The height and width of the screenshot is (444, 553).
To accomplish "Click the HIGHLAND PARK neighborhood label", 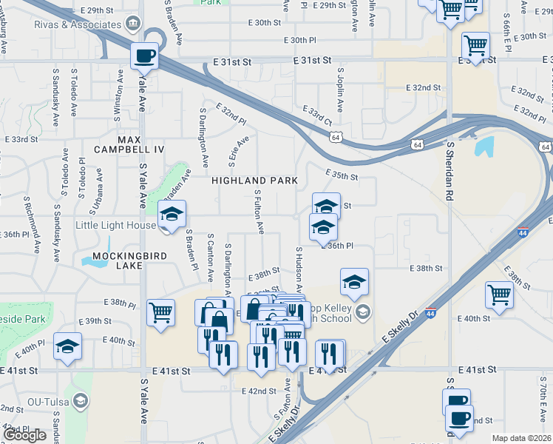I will point(254,181).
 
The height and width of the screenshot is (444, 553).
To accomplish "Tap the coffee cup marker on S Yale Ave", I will point(145,55).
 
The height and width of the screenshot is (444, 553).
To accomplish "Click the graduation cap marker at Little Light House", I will point(172,215).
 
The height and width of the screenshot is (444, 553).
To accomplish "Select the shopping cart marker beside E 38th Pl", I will point(160,313).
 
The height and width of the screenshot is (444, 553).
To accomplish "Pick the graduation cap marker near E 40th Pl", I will point(67,348).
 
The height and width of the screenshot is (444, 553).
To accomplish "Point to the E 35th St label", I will point(343,177).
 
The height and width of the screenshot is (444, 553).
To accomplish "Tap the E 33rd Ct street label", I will point(317,115).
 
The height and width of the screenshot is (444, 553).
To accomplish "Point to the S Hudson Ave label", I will point(299,271).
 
